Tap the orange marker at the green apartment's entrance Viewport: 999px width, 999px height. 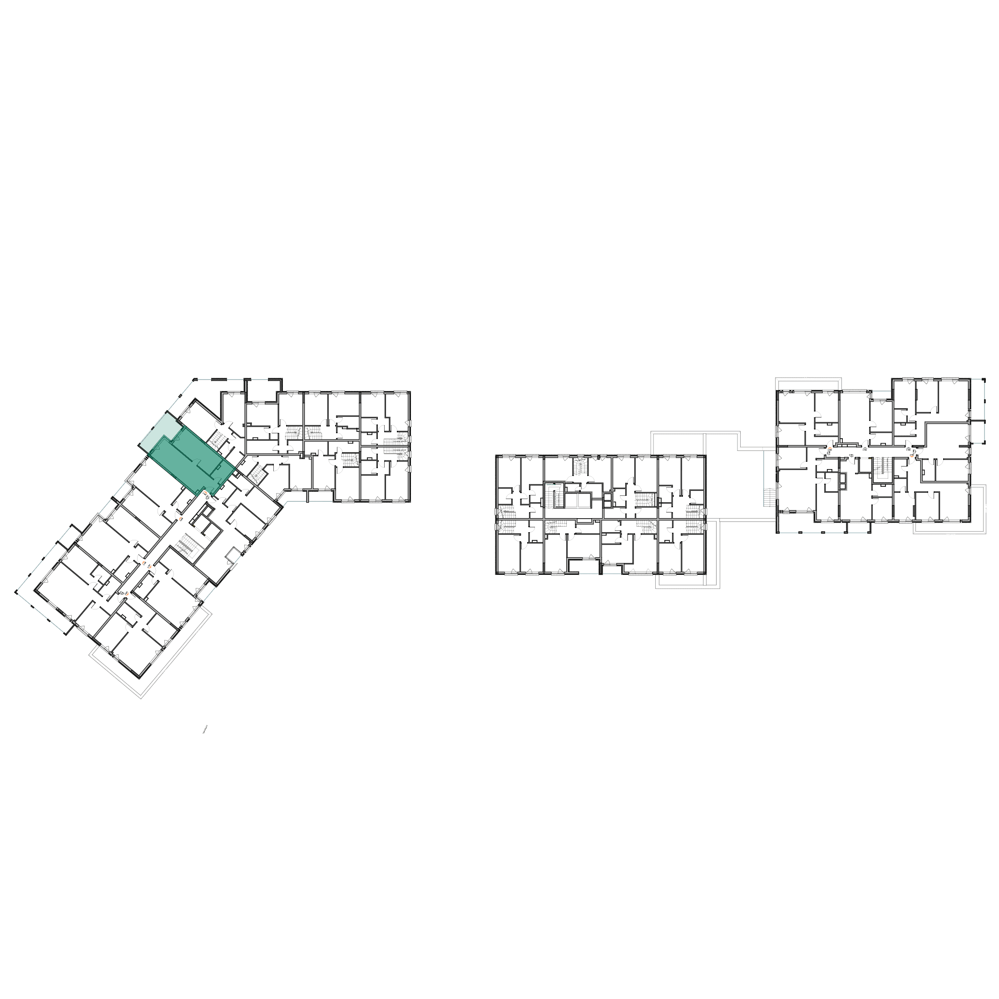204,494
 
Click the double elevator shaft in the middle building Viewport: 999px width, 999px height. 578,500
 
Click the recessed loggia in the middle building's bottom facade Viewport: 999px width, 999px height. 583,566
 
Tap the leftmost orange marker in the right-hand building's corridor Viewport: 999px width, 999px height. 830,448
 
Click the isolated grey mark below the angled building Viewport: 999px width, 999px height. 205,730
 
